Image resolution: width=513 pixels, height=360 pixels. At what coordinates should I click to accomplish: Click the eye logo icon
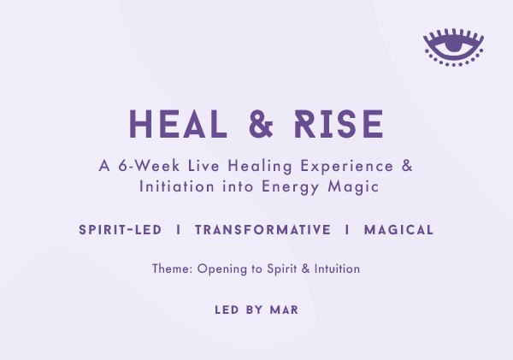(453, 47)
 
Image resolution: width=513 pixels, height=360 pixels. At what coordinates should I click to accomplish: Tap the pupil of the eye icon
(453, 44)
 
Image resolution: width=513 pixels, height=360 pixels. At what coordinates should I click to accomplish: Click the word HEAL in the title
(178, 124)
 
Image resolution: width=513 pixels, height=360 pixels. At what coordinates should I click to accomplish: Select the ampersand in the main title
(261, 124)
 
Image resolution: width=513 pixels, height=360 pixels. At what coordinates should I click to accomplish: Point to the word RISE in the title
(339, 124)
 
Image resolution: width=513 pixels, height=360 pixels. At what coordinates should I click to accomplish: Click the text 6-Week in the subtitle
(149, 166)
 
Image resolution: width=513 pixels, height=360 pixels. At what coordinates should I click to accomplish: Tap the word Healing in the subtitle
(260, 166)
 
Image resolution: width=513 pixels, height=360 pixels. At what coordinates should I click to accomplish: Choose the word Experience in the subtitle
(347, 166)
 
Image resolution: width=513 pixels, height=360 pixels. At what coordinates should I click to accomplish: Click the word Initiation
(177, 186)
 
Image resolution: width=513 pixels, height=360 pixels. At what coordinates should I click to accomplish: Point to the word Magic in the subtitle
(353, 187)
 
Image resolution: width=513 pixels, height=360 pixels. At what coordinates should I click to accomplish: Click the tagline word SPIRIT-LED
(120, 230)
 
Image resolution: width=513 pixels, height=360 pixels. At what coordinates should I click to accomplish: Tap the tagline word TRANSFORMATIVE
(263, 230)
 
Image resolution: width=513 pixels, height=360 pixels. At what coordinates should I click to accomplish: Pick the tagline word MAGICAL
(398, 230)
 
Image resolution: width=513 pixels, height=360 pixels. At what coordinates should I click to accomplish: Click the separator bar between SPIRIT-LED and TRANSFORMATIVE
(179, 230)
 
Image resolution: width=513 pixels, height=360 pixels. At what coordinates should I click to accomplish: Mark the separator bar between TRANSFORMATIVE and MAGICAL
(347, 230)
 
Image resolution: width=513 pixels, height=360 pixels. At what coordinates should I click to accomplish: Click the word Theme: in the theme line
(173, 269)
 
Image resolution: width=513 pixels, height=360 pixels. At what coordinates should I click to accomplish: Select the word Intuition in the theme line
(337, 269)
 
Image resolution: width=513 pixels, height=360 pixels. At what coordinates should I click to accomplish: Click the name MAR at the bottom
(284, 310)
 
